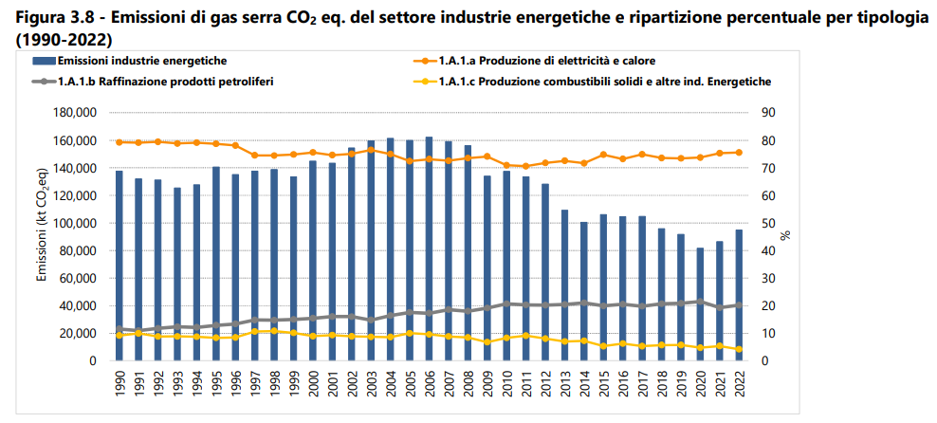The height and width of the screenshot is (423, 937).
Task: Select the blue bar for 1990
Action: click(119, 266)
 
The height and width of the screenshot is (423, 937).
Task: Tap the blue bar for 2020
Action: click(701, 303)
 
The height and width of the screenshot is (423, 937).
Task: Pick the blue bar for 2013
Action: click(565, 285)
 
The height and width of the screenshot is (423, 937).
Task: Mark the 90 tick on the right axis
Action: click(770, 113)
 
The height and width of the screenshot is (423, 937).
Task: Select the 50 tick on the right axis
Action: click(770, 223)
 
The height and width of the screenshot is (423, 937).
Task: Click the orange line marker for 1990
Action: click(119, 142)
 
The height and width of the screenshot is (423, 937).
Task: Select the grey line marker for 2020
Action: click(701, 302)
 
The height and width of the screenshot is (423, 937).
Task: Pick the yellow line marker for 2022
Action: click(739, 349)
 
